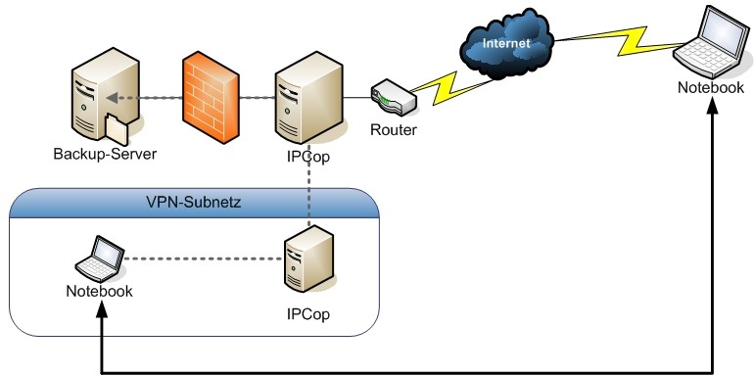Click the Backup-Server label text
(106, 155)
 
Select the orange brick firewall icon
(211, 98)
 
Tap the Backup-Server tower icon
(105, 96)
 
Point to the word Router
(394, 130)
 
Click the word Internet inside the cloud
(506, 43)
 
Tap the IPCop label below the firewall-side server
(308, 158)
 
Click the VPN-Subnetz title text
(193, 203)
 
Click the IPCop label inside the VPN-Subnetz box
(308, 314)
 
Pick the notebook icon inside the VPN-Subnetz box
(100, 258)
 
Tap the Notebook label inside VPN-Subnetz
(100, 292)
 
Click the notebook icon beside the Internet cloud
(713, 42)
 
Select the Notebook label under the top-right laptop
(711, 87)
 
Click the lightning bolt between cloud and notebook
(620, 41)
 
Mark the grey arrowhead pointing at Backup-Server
(112, 98)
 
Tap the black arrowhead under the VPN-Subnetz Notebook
(102, 309)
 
